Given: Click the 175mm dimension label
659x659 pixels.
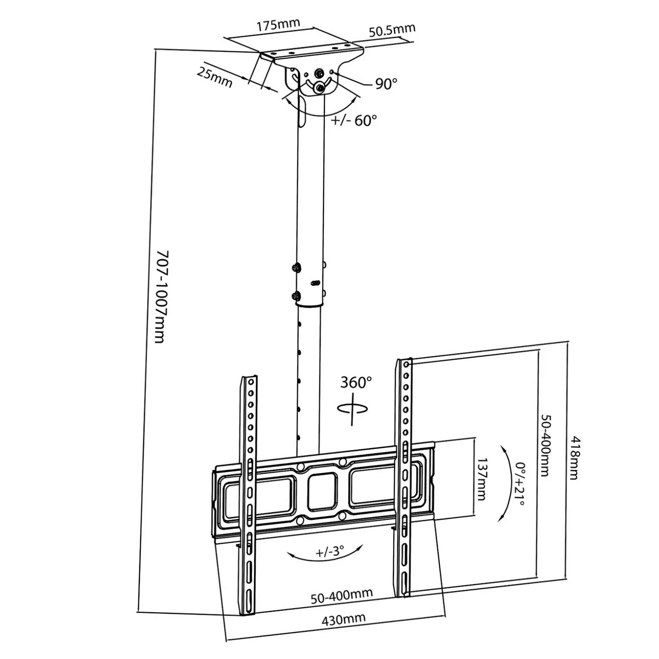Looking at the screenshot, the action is tap(278, 24).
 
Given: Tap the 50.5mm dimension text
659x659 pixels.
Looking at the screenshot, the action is tap(392, 30).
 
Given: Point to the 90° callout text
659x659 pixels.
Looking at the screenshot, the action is tap(386, 84).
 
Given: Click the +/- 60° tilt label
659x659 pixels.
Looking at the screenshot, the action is tap(354, 120).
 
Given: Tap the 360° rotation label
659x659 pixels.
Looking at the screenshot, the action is tap(356, 382).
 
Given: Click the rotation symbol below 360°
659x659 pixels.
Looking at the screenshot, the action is tap(353, 409).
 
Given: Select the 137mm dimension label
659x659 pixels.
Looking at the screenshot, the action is tap(482, 480).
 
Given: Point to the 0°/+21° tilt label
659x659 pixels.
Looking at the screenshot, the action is tap(520, 484).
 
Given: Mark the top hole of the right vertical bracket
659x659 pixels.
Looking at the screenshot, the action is tap(406, 364).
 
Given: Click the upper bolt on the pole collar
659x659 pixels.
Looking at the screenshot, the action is tap(296, 267).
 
